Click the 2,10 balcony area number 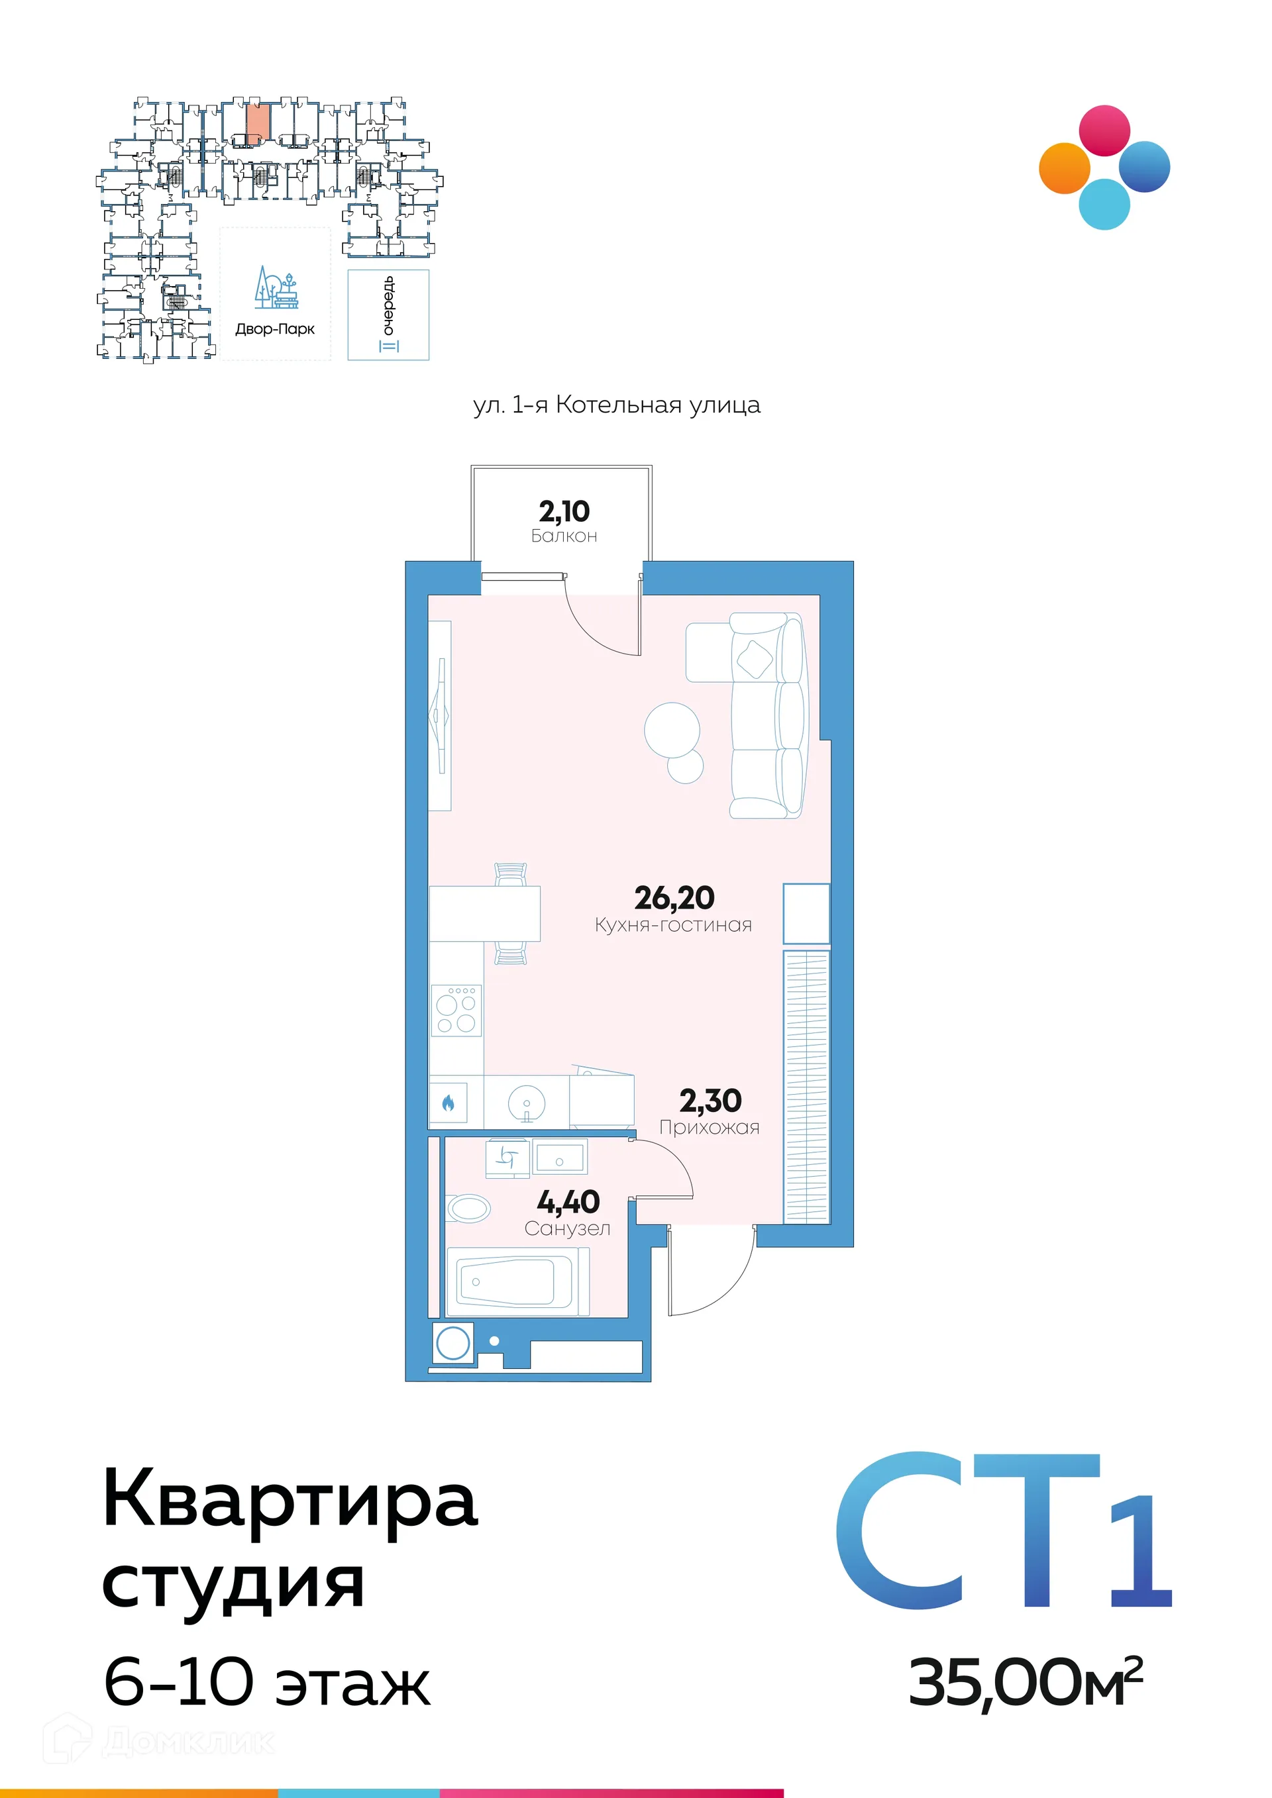point(564,511)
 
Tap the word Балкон point(564,536)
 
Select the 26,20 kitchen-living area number point(674,897)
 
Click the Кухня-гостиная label point(673,925)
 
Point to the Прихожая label point(709,1128)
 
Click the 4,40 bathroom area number point(568,1201)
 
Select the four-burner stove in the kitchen point(456,1010)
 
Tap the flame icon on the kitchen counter point(448,1103)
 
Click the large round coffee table point(671,729)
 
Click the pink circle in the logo point(1104,130)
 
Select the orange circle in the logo point(1065,168)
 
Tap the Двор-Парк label point(275,329)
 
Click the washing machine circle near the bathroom point(452,1344)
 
